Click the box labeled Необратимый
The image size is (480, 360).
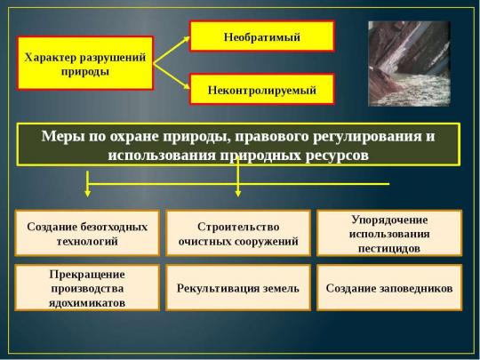[261, 36]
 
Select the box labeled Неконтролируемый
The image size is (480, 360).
[261, 89]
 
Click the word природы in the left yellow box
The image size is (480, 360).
[85, 72]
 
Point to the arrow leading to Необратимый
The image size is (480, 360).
[172, 50]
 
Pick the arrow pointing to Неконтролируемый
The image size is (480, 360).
[172, 76]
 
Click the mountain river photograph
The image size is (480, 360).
[409, 64]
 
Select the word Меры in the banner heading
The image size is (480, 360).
[63, 136]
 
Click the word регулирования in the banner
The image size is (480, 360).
[367, 137]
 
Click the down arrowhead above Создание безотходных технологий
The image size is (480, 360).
[87, 193]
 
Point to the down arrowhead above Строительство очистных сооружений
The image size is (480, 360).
[238, 193]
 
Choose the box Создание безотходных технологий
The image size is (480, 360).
[87, 233]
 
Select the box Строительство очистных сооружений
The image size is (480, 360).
[238, 233]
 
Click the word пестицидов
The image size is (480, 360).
[389, 249]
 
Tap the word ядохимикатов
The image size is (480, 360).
[87, 303]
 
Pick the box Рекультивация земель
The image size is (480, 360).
[238, 288]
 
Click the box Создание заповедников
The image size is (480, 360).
[389, 288]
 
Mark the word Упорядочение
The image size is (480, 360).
[389, 220]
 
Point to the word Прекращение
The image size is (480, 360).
[87, 275]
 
